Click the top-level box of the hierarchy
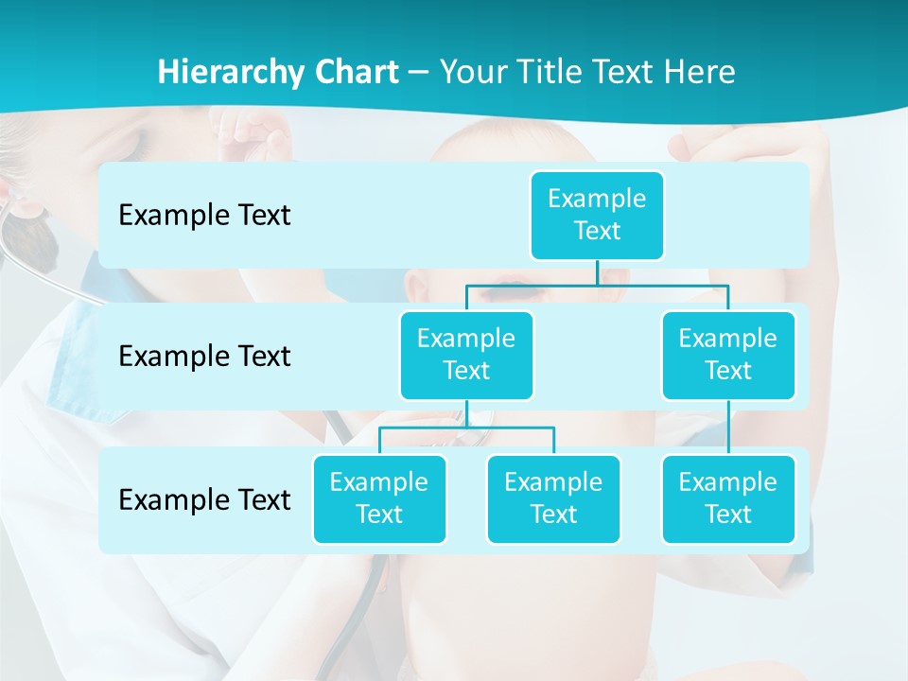pyautogui.click(x=597, y=215)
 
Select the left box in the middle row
pyautogui.click(x=466, y=355)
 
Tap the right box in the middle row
pyautogui.click(x=728, y=355)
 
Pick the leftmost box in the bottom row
pyautogui.click(x=379, y=498)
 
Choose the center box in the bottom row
pyautogui.click(x=553, y=498)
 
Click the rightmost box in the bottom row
pyautogui.click(x=728, y=498)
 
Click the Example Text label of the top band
pyautogui.click(x=204, y=216)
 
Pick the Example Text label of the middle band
pyautogui.click(x=204, y=357)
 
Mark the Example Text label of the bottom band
pyautogui.click(x=204, y=499)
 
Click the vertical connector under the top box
pyautogui.click(x=597, y=272)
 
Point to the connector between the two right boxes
pyautogui.click(x=728, y=427)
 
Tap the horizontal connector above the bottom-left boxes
pyautogui.click(x=466, y=428)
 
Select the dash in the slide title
pyautogui.click(x=419, y=72)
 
